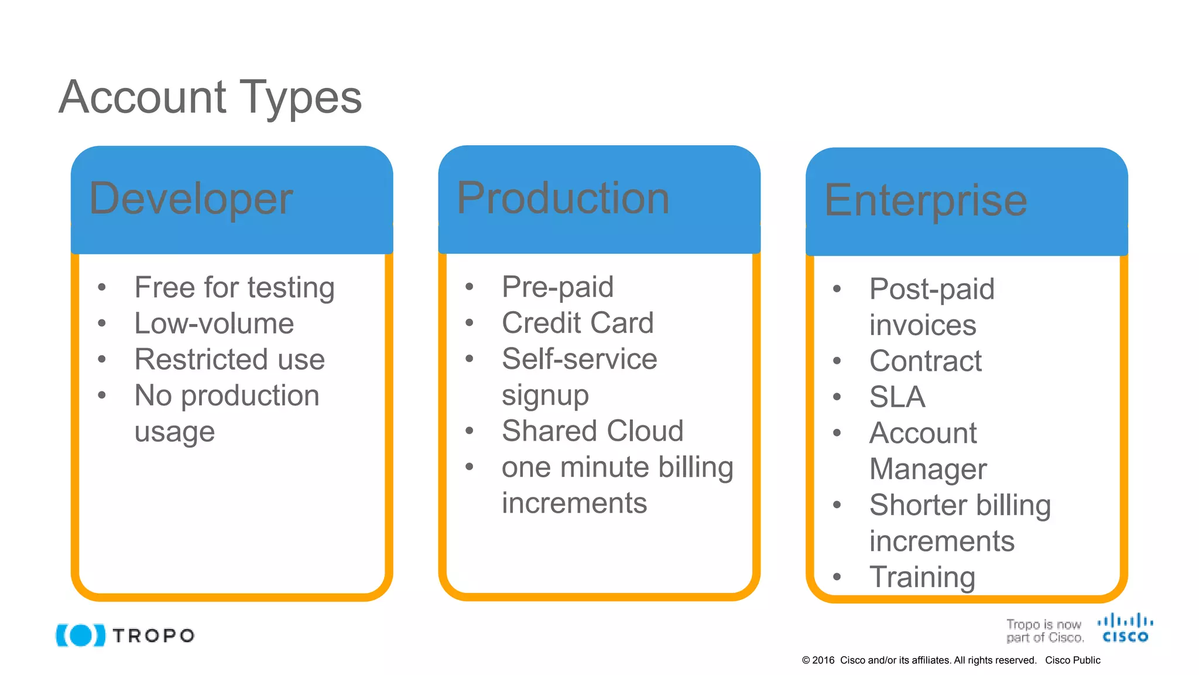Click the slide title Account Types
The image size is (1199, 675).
[210, 97]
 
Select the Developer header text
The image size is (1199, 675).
[191, 199]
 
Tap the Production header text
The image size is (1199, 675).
[563, 198]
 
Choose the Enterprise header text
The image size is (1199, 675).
[926, 200]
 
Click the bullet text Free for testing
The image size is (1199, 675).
[234, 288]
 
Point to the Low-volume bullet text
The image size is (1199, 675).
[214, 323]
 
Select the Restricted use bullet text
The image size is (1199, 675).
[229, 359]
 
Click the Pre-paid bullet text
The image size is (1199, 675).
[557, 287]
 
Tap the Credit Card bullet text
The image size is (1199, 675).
[577, 323]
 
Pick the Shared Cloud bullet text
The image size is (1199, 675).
[592, 431]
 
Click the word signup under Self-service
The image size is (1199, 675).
[545, 396]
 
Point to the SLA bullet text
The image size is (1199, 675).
[897, 397]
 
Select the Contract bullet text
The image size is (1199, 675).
[925, 361]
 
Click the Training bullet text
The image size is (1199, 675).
[922, 577]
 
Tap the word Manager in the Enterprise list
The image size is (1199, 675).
[928, 469]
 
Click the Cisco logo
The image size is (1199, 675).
[1125, 628]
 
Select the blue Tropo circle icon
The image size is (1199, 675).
[81, 635]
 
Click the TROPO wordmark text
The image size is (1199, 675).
[153, 636]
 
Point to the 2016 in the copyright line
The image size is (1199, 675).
[823, 660]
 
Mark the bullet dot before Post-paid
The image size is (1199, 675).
[837, 289]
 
